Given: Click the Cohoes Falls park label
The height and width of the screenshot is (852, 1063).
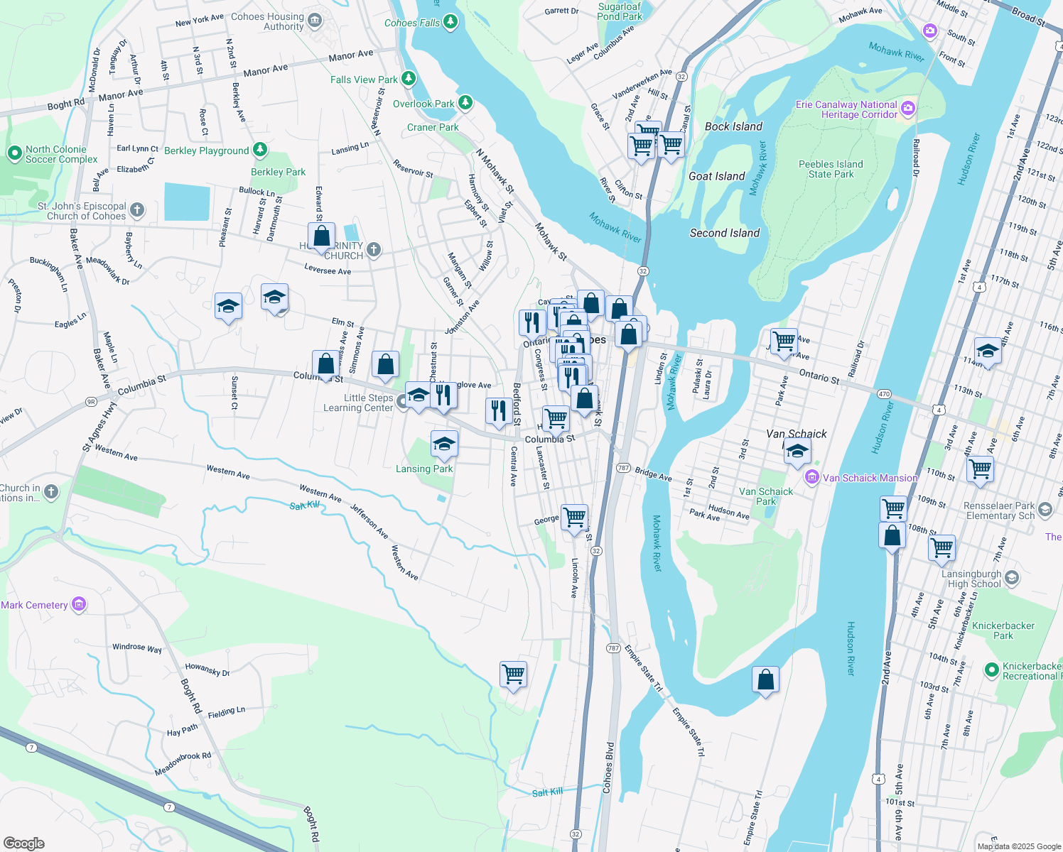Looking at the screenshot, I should click(x=412, y=23).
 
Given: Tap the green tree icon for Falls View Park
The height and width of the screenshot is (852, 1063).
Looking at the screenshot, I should click(x=409, y=79).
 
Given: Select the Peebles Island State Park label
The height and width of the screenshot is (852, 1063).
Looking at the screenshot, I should click(x=831, y=169).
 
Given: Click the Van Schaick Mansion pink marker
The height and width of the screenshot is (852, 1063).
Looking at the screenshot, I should click(x=812, y=478).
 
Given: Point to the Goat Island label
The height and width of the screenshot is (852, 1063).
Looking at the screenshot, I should click(x=716, y=176).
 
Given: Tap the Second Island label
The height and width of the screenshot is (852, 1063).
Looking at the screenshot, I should click(x=724, y=233).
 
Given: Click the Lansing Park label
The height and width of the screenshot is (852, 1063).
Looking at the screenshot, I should click(x=424, y=469).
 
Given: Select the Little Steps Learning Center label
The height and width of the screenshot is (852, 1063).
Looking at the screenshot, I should click(x=358, y=403).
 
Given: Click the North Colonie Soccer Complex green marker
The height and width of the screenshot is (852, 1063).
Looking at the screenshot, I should click(x=14, y=153).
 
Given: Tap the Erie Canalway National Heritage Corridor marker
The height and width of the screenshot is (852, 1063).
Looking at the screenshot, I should click(x=907, y=109).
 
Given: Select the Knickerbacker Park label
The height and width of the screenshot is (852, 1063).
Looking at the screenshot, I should click(x=1003, y=630).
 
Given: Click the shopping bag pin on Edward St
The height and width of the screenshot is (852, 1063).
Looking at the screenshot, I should click(x=321, y=236).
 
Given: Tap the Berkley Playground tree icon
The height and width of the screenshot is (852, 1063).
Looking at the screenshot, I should click(x=260, y=150).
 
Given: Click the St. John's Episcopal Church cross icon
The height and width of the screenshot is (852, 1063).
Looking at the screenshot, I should click(x=137, y=210).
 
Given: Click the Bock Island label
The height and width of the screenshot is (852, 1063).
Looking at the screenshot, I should click(x=733, y=126).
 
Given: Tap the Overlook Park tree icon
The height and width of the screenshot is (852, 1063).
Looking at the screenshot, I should click(x=465, y=103).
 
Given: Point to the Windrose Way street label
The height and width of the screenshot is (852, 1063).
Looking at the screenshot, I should click(x=136, y=648).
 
